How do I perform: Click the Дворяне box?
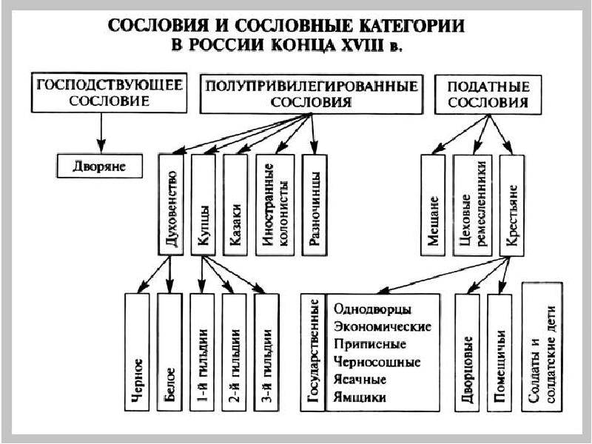99,166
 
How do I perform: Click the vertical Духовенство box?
171,204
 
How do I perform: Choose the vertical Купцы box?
203,204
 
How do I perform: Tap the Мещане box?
433,204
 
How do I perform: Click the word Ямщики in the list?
360,397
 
